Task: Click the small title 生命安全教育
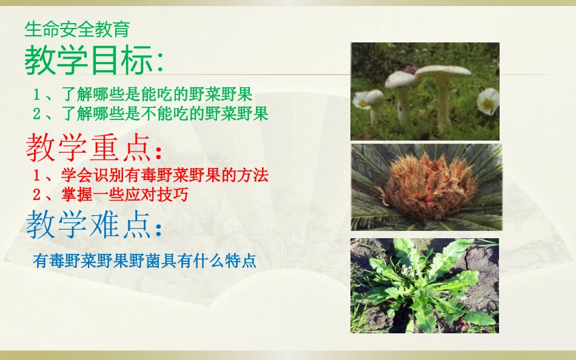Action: [77, 28]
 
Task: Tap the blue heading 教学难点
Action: [94, 225]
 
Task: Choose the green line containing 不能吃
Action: [150, 113]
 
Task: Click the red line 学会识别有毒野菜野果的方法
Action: [150, 176]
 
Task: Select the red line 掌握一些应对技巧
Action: [110, 195]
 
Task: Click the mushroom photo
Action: [425, 92]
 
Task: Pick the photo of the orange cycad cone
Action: [427, 187]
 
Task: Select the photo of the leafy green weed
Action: [424, 285]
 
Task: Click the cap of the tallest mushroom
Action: [443, 70]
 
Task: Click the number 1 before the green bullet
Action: [37, 95]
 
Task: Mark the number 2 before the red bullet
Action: [37, 195]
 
